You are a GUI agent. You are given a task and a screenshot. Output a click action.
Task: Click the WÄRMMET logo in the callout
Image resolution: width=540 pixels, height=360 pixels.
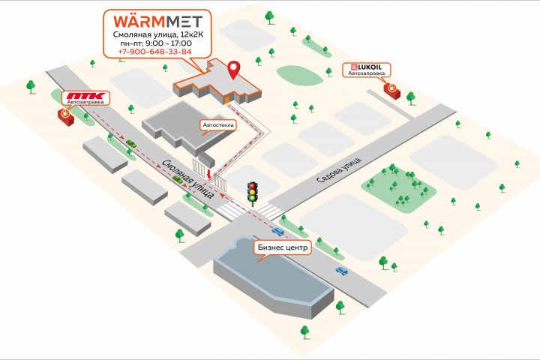click(157, 22)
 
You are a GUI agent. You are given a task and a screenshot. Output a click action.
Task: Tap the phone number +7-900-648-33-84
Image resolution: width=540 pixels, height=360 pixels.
click(154, 52)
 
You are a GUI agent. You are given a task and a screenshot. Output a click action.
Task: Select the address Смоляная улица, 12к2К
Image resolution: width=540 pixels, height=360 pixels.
click(158, 34)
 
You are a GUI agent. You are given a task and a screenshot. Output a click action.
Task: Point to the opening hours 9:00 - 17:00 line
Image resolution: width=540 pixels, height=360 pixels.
click(156, 43)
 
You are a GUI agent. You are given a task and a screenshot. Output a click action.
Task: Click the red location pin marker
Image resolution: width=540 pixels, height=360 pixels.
click(234, 70)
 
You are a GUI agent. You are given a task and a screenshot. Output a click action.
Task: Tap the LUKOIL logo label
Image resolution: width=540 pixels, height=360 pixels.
click(367, 67)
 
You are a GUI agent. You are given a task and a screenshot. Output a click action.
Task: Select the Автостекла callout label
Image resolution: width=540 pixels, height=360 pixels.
click(218, 124)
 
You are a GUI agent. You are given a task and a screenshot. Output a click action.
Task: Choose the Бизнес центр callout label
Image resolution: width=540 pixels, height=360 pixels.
click(283, 247)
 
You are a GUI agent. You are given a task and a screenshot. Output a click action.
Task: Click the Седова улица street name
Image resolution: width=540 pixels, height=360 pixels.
click(339, 169)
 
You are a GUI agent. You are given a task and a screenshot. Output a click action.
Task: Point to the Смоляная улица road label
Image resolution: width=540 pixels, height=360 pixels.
click(188, 178)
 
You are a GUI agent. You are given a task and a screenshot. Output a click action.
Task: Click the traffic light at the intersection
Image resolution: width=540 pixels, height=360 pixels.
click(253, 193)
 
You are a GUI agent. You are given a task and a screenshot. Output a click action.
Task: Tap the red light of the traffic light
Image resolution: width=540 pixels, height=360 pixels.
click(253, 186)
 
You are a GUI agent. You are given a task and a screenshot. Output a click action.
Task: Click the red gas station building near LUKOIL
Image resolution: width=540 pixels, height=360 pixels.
click(392, 91)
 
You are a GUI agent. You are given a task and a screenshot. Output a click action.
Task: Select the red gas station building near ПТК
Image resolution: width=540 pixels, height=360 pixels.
click(66, 117)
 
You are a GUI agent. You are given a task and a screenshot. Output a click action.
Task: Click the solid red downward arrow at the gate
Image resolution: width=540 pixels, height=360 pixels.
click(209, 174)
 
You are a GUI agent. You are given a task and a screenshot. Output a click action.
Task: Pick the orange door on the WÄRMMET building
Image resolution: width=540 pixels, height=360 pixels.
click(226, 100)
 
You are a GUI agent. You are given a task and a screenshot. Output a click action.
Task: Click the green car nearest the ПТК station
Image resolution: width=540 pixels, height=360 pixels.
click(130, 143)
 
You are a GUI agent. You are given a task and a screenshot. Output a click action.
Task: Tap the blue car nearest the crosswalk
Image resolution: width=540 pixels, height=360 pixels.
click(278, 231)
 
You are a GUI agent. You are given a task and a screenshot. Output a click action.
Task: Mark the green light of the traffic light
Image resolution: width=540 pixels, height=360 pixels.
click(253, 198)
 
